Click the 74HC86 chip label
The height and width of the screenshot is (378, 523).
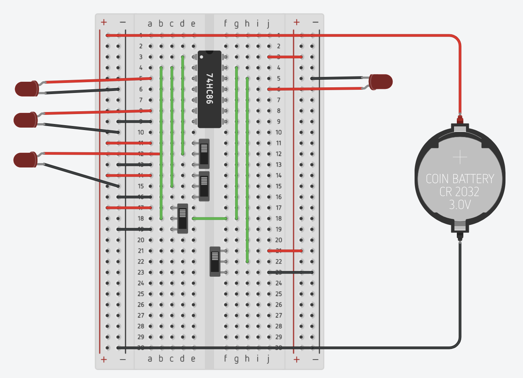click(209, 89)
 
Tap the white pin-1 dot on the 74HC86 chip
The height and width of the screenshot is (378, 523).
click(202, 57)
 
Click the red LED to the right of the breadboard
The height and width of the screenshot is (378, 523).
click(381, 82)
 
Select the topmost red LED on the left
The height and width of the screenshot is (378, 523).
click(26, 89)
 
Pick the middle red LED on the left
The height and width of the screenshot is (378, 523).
click(25, 120)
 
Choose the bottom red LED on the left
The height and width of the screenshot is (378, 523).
click(25, 160)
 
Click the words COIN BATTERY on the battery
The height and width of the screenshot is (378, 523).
click(460, 179)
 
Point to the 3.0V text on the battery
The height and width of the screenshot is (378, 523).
click(460, 205)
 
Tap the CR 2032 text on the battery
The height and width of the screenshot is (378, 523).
click(460, 192)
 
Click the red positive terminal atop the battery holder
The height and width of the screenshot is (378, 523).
click(460, 120)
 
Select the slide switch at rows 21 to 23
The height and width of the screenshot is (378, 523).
click(215, 262)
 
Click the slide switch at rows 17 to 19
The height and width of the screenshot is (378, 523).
click(183, 219)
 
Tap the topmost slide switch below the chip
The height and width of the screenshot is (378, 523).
click(204, 154)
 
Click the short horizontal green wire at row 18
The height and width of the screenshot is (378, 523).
click(210, 219)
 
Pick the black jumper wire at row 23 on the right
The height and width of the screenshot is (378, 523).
click(290, 272)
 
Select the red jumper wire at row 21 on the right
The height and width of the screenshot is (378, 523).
click(285, 251)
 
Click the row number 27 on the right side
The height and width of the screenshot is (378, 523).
click(279, 315)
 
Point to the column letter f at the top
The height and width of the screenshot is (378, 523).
click(226, 24)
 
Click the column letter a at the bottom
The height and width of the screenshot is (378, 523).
click(150, 359)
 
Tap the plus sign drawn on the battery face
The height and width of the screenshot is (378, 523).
click(460, 157)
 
